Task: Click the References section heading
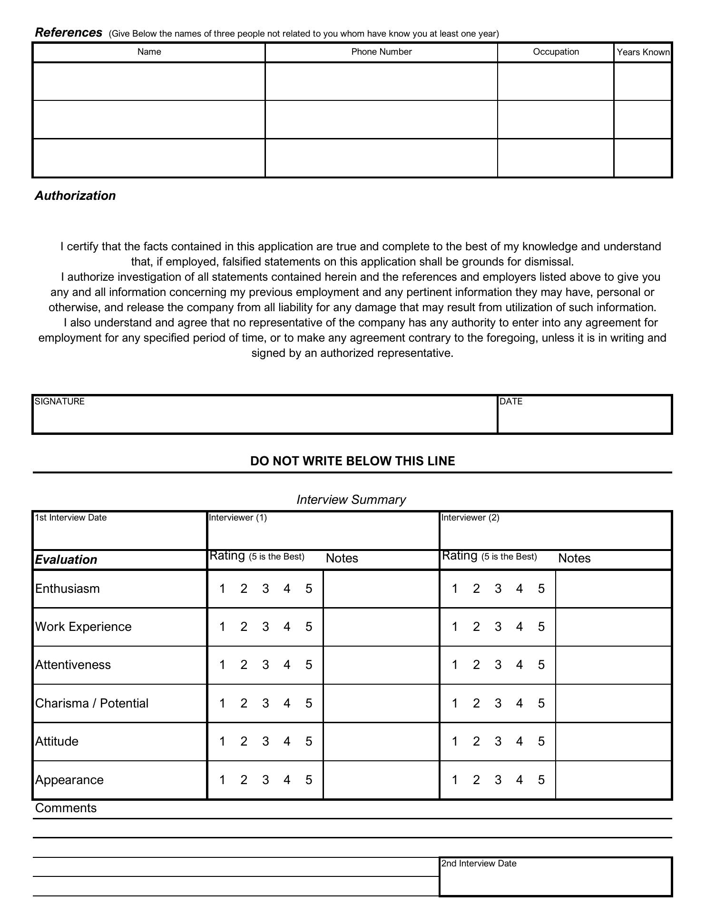(69, 33)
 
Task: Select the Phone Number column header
(381, 52)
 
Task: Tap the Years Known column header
(643, 52)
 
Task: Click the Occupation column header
(556, 52)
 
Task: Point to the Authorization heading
(75, 196)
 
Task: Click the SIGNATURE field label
(59, 402)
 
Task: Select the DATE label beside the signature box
(511, 402)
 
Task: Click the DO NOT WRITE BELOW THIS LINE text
(353, 461)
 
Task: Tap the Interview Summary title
(351, 500)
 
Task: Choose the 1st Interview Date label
(71, 518)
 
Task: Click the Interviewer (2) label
(470, 518)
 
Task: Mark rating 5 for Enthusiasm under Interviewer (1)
(309, 589)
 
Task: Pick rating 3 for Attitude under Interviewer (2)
(498, 741)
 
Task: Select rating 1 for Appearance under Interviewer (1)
(222, 780)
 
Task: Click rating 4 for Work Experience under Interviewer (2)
(520, 627)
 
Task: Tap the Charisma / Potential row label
(92, 703)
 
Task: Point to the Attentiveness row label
(73, 665)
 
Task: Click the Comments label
(66, 808)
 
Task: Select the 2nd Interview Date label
(479, 864)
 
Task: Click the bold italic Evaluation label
(66, 560)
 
